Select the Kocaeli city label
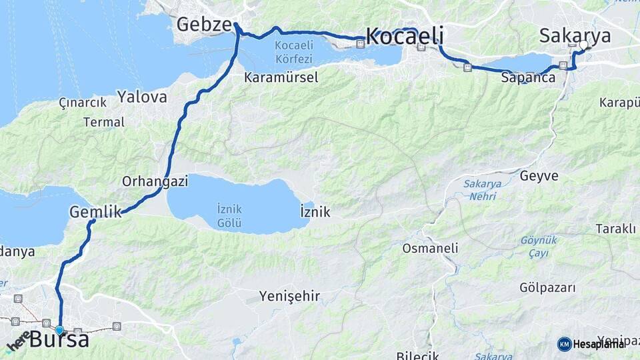click(x=405, y=36)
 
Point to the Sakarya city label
click(x=575, y=35)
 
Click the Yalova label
click(x=142, y=97)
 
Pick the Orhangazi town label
click(x=155, y=181)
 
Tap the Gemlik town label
click(x=95, y=213)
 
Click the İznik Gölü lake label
click(x=229, y=215)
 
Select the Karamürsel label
click(x=281, y=77)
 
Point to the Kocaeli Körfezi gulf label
click(x=293, y=51)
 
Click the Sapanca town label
click(x=528, y=78)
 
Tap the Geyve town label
click(x=539, y=176)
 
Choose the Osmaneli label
click(x=430, y=248)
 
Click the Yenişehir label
click(x=289, y=296)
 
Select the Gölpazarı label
click(x=547, y=288)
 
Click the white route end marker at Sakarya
click(x=584, y=45)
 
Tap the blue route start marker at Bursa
click(x=59, y=330)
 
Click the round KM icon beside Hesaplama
click(x=564, y=344)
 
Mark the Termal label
click(x=103, y=122)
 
